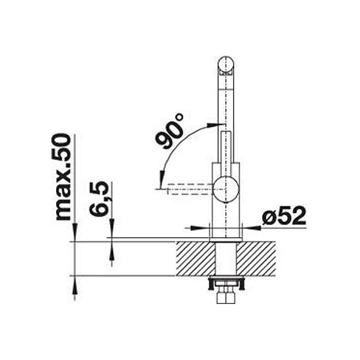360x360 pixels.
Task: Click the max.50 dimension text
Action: pos(63,177)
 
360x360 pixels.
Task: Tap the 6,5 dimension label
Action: pos(99,199)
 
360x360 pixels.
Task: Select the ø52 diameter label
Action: pos(284,215)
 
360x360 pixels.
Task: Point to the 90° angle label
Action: pos(170,131)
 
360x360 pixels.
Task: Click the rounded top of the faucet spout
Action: pos(225,64)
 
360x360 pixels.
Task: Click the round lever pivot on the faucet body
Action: pos(226,189)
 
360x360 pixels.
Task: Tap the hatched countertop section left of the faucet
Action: pos(196,259)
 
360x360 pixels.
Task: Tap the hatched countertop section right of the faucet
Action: pos(256,259)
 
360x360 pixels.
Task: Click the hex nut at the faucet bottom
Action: pos(226,298)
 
